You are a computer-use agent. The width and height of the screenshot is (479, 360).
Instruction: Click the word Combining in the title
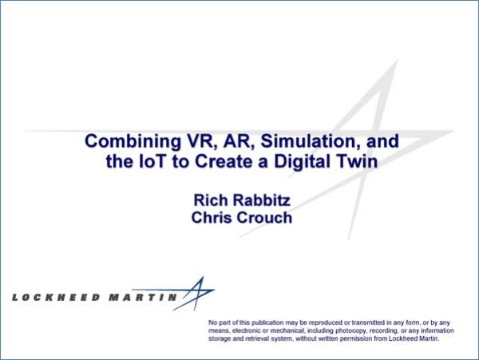click(133, 142)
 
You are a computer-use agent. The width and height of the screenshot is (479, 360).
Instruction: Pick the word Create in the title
click(224, 161)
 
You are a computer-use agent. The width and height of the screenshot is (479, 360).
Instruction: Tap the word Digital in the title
click(306, 163)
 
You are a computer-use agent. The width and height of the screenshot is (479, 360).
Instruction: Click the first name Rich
click(211, 200)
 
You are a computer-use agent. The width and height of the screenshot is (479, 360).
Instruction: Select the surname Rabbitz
click(262, 200)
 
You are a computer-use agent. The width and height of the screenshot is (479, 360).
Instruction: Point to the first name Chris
click(212, 218)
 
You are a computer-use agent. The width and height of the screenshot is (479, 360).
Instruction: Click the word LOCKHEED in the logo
click(56, 298)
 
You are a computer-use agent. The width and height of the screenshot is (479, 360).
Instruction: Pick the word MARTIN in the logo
click(143, 298)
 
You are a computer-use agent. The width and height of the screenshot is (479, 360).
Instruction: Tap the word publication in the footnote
click(267, 322)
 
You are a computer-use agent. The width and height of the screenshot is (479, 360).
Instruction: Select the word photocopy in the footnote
click(350, 331)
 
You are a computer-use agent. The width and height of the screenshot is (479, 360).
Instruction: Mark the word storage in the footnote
click(217, 339)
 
